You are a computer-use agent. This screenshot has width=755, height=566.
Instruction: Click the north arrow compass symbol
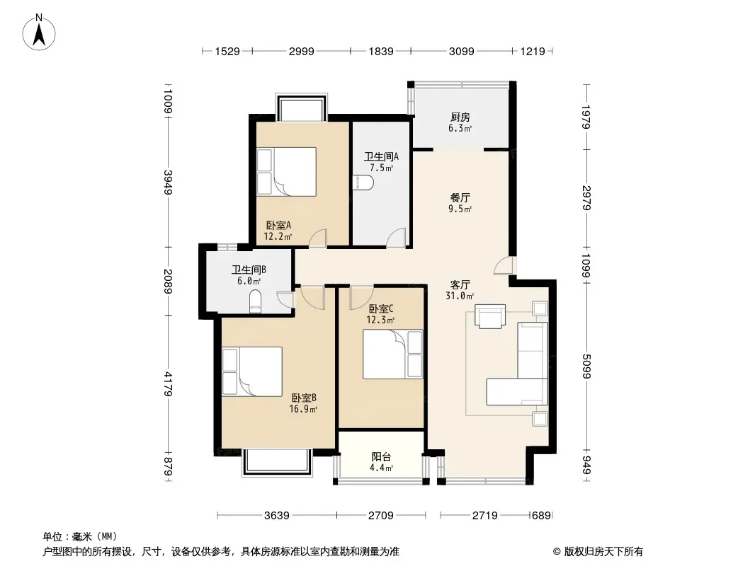(x=39, y=33)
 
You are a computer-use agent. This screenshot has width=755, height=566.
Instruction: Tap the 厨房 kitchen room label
(x=460, y=117)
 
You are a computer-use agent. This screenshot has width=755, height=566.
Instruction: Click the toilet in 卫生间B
(x=255, y=301)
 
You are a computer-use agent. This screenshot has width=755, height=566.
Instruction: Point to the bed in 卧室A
(x=286, y=172)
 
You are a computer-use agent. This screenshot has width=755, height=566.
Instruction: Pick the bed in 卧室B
(x=252, y=371)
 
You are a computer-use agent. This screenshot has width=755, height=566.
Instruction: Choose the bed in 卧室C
(x=393, y=354)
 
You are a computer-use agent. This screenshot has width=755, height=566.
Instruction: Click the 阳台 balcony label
(x=381, y=456)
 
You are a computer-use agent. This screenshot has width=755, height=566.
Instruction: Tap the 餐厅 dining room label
(x=460, y=197)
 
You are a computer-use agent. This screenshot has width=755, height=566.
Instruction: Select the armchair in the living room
(x=490, y=316)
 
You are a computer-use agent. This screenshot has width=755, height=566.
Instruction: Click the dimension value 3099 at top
(x=461, y=51)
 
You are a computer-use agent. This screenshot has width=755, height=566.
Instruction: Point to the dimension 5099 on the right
(x=586, y=366)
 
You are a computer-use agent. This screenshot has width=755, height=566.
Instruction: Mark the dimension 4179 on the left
(x=168, y=383)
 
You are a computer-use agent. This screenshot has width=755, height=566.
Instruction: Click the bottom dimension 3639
(x=277, y=516)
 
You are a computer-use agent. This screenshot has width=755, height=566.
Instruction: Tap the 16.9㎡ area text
(x=303, y=409)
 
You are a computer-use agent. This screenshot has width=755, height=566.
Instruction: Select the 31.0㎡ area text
(x=460, y=296)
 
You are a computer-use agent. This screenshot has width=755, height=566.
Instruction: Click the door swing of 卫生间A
(x=397, y=238)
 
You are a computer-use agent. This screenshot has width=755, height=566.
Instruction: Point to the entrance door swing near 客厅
(x=504, y=265)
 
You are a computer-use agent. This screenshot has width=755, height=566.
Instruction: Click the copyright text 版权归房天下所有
(x=603, y=552)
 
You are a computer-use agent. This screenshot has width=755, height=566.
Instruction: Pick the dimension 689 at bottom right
(x=541, y=516)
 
